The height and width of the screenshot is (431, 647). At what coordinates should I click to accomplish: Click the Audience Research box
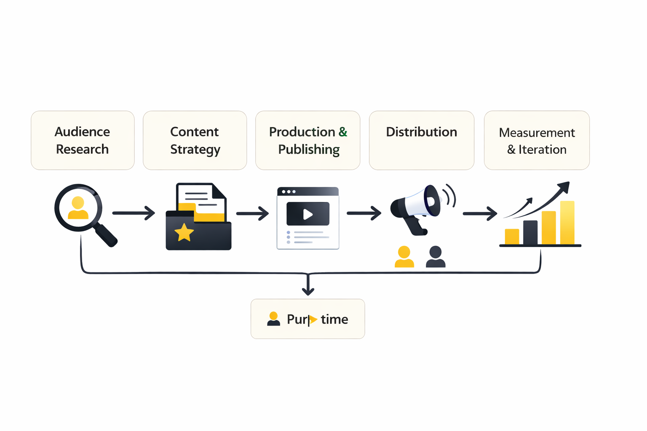pos(83,140)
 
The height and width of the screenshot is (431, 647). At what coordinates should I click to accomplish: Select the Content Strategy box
pos(195,140)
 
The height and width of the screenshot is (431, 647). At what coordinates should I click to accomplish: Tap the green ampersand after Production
pos(343,132)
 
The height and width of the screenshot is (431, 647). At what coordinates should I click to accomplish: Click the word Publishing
pos(309,149)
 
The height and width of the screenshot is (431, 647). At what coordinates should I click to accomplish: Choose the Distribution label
pos(421,132)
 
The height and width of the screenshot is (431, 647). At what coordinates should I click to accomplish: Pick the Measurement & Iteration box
pos(537,140)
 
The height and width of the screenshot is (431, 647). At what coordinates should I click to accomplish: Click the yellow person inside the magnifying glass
pos(78,208)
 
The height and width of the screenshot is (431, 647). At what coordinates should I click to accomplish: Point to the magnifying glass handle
pos(106,235)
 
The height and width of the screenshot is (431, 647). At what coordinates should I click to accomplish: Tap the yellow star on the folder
pos(184,233)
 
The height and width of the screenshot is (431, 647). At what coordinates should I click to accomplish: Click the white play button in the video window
pos(308,214)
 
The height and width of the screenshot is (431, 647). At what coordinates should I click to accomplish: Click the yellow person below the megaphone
pos(404,257)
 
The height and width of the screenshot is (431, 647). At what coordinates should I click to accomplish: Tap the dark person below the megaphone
pos(436,257)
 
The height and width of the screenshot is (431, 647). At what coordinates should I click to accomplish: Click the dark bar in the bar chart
pos(530,232)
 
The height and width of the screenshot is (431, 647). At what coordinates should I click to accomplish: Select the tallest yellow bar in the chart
pos(567,223)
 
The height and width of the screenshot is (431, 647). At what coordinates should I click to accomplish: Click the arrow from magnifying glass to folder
pos(134,213)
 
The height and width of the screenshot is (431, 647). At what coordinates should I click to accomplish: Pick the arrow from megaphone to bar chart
pos(480,214)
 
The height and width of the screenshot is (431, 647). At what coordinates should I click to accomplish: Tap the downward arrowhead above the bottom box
pos(308,291)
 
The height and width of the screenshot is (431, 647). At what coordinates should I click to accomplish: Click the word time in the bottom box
pos(334,319)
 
